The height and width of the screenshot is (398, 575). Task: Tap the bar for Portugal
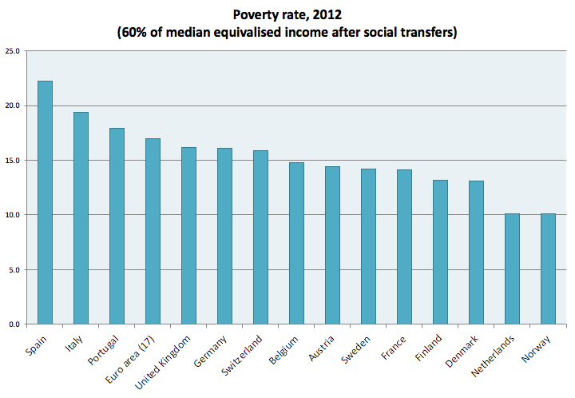coord(117,226)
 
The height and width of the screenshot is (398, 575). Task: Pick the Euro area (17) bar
coord(153,231)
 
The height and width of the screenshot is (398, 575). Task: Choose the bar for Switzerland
coord(260,237)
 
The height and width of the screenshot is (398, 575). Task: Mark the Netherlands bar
coord(512,269)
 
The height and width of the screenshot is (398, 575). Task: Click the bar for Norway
coord(548,269)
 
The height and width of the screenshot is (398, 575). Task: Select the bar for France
coord(404,247)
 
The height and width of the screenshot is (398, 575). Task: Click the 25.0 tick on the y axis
coord(13,51)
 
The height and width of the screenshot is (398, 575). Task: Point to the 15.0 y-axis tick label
coord(13,161)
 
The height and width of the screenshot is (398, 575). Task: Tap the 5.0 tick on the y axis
coord(15,269)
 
